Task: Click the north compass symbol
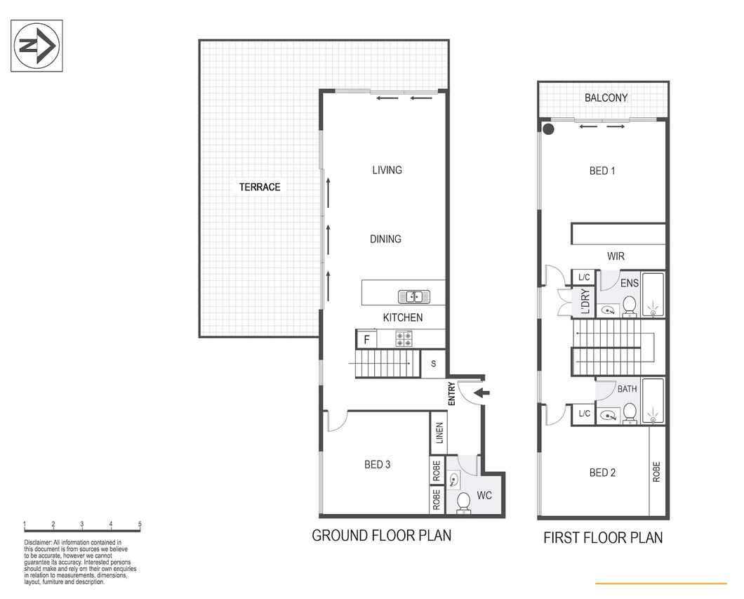coord(37,46)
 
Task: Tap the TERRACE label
coord(260,187)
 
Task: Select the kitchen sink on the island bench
coord(413,297)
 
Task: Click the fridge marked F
coord(366,340)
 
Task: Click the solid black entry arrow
coord(482,393)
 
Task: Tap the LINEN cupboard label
coord(439,433)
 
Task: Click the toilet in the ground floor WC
coord(463,503)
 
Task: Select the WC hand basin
coord(453,480)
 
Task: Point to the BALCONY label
coord(606,98)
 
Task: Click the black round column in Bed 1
coord(548,129)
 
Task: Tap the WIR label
coord(616,256)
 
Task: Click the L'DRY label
coord(585,301)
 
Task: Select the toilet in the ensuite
coord(630,306)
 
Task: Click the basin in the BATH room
coord(608,416)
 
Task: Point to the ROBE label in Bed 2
coord(657,472)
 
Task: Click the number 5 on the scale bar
coord(140,524)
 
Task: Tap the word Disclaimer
coord(37,543)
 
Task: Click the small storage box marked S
coord(433,364)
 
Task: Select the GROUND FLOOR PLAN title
coord(382,535)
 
